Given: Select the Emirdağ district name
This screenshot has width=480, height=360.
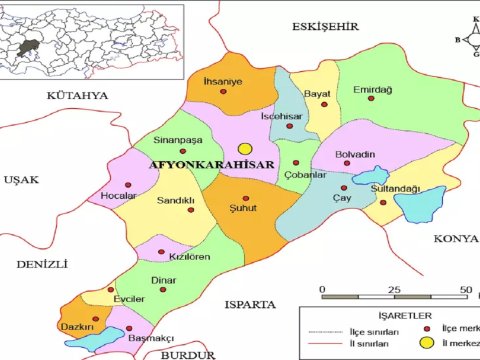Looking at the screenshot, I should tap(373, 91).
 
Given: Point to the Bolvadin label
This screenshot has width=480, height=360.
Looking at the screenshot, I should tap(356, 154).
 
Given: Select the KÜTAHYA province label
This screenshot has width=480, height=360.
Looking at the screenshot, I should tap(76, 95).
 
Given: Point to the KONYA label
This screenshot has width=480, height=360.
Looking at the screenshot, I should tap(455, 239).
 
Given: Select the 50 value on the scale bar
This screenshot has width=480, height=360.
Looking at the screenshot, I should tap(465, 290).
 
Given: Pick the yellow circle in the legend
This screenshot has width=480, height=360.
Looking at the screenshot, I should tap(426, 343).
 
